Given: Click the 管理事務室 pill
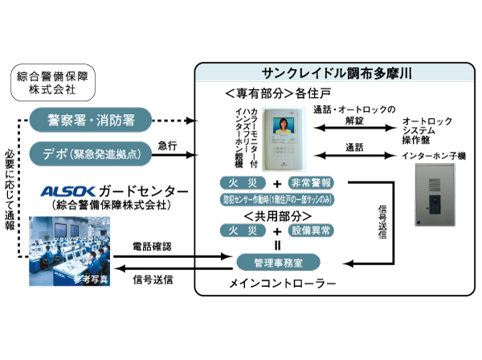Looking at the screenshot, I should pos(278,262).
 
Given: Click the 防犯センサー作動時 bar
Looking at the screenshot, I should pos(278,198).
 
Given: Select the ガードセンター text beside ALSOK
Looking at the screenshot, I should pos(149,191).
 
